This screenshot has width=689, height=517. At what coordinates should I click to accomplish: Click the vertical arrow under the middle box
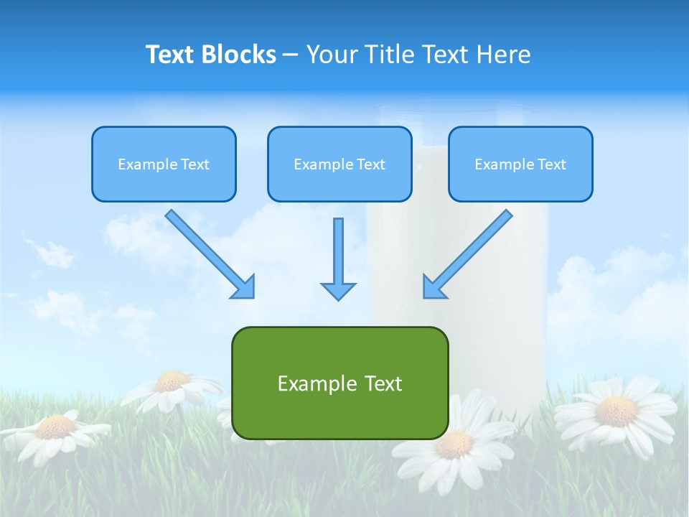(x=338, y=258)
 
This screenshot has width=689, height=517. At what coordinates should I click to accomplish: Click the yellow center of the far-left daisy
(x=56, y=427)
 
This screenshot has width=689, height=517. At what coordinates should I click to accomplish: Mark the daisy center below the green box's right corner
(x=454, y=445)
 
